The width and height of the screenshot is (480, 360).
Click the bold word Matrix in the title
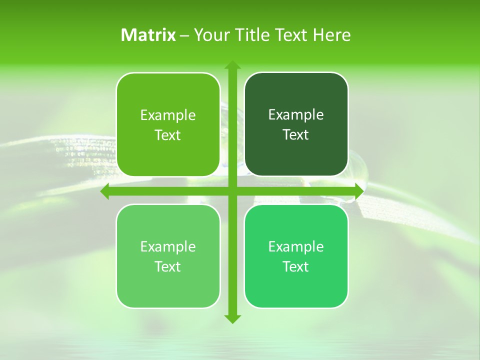click(148, 35)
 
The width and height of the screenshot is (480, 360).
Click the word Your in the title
click(210, 35)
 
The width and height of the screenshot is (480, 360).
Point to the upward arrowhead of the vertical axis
click(232, 65)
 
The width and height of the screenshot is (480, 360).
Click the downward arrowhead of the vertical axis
click(232, 318)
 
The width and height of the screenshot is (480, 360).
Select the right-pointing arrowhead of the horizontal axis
click(358, 191)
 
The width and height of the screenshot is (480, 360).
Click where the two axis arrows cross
click(232, 191)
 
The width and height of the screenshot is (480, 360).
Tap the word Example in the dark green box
click(296, 115)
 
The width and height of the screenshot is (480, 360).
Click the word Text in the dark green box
click(296, 135)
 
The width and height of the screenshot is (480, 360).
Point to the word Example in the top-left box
click(168, 115)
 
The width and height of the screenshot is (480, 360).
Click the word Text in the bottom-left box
click(168, 267)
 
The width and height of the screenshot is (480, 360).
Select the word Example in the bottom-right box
click(296, 247)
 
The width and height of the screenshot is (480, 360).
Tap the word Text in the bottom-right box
click(296, 267)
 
